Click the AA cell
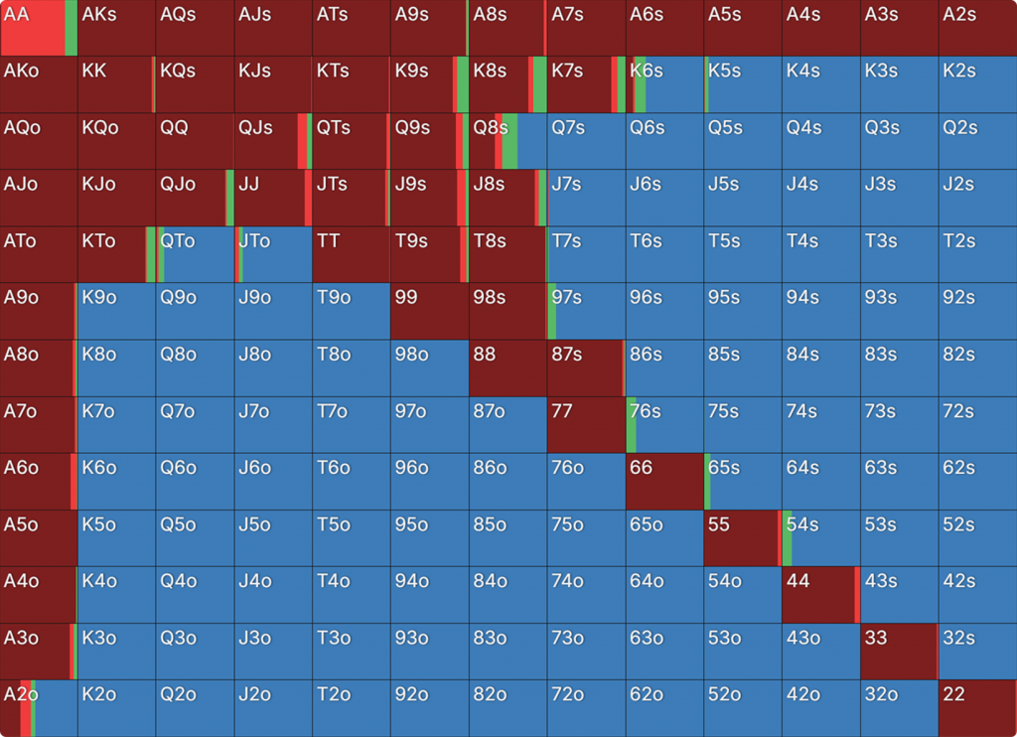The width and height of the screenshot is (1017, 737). coord(39,28)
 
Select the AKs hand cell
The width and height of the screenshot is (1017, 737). coord(117,28)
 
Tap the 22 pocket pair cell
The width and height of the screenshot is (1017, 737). coord(977,707)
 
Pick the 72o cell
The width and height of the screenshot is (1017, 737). coord(586,707)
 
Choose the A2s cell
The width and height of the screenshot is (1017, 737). coord(977,28)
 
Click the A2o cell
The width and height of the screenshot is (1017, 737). coord(39,707)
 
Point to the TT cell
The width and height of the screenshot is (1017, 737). coord(352,254)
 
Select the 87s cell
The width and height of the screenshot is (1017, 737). coord(586,368)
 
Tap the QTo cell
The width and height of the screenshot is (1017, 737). coord(196,254)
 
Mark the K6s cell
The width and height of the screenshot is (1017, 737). coord(664,84)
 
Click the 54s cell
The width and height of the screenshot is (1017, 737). coord(820,537)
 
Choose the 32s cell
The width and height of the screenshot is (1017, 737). coord(977,651)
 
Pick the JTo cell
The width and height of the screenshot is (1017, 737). coord(273,254)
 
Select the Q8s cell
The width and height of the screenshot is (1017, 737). coord(508,141)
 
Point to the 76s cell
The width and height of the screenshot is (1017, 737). coord(664,424)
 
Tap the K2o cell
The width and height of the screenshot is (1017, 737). coord(117,707)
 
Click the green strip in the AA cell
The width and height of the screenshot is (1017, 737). coord(72,28)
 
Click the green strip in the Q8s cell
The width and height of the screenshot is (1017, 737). coord(509,141)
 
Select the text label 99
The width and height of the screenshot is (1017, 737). coord(406,297)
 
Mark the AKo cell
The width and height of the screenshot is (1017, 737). coord(39,84)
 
